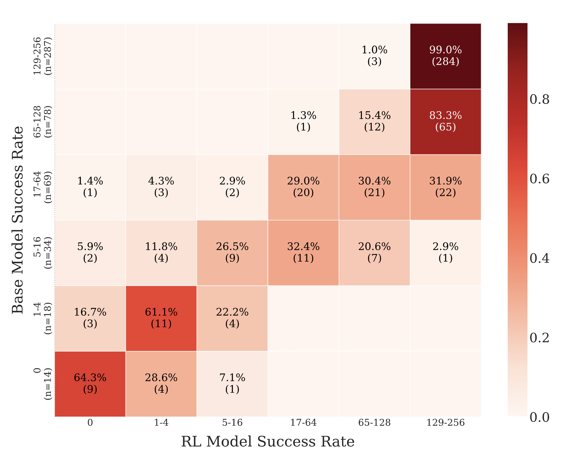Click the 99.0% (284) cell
[x=445, y=56]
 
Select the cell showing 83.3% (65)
[x=445, y=121]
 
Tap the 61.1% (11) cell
[x=161, y=318]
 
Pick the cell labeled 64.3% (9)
[x=90, y=384]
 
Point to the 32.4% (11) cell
[x=303, y=253]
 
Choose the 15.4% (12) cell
[x=374, y=121]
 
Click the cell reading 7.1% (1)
[x=232, y=384]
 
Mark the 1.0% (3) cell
[x=374, y=56]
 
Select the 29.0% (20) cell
[x=303, y=187]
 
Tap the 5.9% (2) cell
[x=90, y=253]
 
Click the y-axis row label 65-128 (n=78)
[x=42, y=122]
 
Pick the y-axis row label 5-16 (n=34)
[x=42, y=253]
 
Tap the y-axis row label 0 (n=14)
[x=42, y=384]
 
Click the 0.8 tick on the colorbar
[x=539, y=100]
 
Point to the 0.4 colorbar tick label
[x=539, y=259]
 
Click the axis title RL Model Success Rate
[x=268, y=442]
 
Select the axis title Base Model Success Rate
[x=18, y=220]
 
